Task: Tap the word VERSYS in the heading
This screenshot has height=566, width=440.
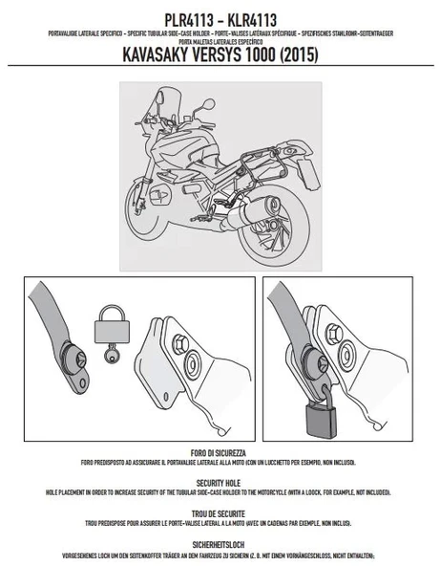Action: [x=236, y=55]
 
